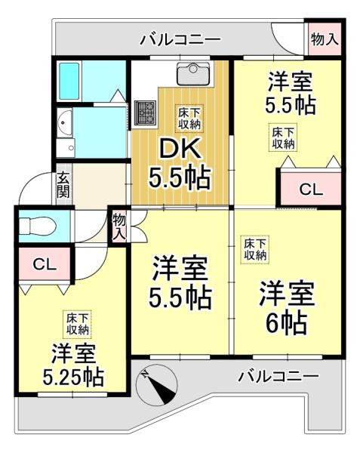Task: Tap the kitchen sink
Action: [193, 73]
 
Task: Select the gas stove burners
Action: [146, 112]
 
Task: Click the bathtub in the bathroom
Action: [69, 81]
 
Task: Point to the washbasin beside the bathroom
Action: [65, 123]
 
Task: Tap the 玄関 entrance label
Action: [63, 185]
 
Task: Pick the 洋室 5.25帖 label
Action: [73, 365]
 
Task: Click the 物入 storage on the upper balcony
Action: [325, 39]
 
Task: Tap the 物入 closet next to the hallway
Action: [119, 226]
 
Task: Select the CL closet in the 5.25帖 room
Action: [45, 263]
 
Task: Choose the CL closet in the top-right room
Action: [311, 190]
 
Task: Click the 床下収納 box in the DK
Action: [189, 119]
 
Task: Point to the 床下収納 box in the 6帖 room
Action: [255, 249]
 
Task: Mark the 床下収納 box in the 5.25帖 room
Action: [78, 324]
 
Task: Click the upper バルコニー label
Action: [180, 40]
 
